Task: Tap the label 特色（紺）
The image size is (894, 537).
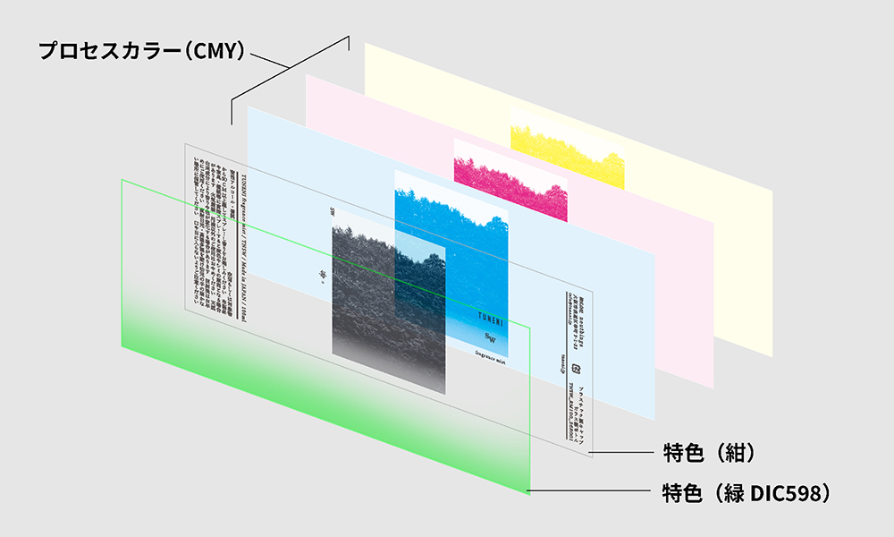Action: [x=710, y=453]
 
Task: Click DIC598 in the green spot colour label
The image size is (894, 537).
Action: [x=788, y=492]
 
